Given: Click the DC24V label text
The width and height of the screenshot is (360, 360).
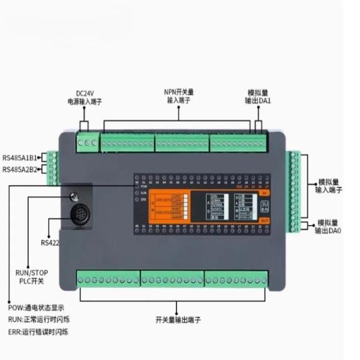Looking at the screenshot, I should (85, 93).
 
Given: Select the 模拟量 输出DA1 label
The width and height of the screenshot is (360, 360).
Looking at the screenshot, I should (259, 97).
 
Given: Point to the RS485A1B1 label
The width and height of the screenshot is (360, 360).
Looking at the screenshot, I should (20, 158).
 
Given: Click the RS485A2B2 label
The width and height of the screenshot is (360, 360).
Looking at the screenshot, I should (20, 170).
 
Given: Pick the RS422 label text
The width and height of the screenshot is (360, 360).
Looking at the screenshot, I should (51, 243).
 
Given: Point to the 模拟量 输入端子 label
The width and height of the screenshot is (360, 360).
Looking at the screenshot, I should (328, 185).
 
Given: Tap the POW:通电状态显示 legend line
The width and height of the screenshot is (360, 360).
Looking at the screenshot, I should (37, 308).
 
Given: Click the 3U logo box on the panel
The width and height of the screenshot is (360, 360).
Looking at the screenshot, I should (265, 206).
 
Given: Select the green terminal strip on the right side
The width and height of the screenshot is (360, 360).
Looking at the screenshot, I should (294, 191).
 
